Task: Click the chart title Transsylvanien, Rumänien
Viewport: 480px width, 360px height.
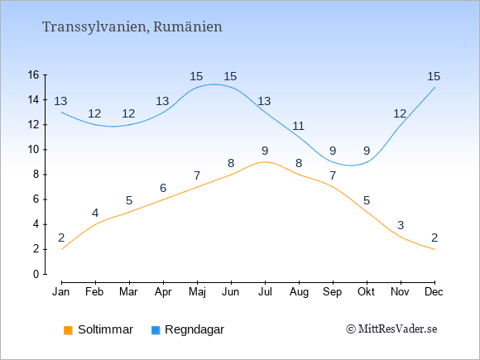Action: (132, 26)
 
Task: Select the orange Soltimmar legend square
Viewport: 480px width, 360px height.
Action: (68, 330)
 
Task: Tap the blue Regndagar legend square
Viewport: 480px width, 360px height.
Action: (156, 330)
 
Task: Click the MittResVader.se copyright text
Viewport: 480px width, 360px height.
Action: (391, 329)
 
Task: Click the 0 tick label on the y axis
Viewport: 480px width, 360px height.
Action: (36, 274)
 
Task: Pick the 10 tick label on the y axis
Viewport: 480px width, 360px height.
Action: (34, 150)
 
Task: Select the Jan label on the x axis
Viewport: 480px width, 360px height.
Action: (61, 292)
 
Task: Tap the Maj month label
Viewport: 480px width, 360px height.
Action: (197, 292)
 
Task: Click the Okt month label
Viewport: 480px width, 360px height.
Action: (366, 292)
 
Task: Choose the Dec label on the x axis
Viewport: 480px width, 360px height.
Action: (434, 292)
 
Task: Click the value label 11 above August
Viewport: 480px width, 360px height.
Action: (298, 126)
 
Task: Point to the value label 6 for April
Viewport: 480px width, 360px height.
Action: (163, 188)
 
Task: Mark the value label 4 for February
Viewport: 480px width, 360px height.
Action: (95, 213)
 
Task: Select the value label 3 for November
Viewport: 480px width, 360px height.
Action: (401, 225)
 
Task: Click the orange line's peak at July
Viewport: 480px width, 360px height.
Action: (265, 162)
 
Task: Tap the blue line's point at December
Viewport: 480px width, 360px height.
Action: (434, 87)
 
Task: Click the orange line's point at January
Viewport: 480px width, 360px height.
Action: (61, 249)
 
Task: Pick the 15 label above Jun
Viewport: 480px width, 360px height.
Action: (230, 76)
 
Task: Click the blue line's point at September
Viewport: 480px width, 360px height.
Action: (333, 162)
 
